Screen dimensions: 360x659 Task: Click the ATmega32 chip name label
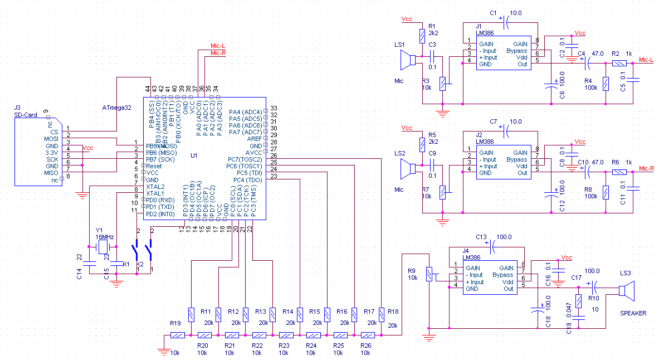click(116, 108)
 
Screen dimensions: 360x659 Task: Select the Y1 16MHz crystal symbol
click(102, 247)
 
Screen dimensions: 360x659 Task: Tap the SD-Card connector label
click(26, 115)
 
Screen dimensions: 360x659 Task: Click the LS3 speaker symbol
click(627, 290)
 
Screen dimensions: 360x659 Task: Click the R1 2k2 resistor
click(422, 37)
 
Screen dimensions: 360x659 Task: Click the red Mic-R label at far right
click(646, 168)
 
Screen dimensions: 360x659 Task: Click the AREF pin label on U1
click(253, 138)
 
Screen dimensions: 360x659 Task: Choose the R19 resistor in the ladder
click(177, 335)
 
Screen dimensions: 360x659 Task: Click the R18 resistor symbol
click(381, 314)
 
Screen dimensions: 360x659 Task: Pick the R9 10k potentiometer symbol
click(428, 274)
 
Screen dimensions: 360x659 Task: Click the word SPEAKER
click(633, 313)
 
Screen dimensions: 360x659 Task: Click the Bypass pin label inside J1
click(516, 51)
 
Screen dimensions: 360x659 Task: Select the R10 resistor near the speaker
click(579, 301)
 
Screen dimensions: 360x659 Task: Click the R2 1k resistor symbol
click(619, 64)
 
